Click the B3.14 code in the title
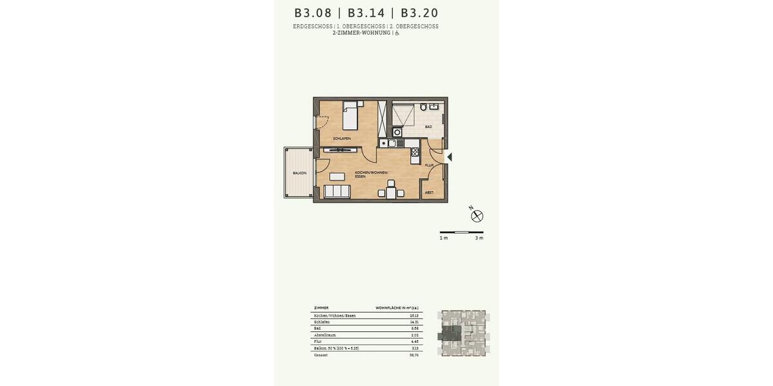pyautogui.click(x=366, y=13)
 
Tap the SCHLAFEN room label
pyautogui.click(x=341, y=138)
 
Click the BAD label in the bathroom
pyautogui.click(x=428, y=127)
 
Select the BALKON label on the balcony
pyautogui.click(x=300, y=173)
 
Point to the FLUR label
pyautogui.click(x=429, y=165)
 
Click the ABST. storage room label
pyautogui.click(x=429, y=192)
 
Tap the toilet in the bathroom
pyautogui.click(x=423, y=107)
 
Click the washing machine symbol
pyautogui.click(x=397, y=132)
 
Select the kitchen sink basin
pyautogui.click(x=392, y=143)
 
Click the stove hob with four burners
pyautogui.click(x=415, y=152)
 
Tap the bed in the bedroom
pyautogui.click(x=350, y=116)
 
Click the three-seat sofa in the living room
pyautogui.click(x=337, y=191)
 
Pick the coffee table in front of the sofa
pyautogui.click(x=337, y=176)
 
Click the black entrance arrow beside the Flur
pyautogui.click(x=450, y=157)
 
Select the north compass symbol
pyautogui.click(x=477, y=216)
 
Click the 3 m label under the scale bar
pyautogui.click(x=479, y=238)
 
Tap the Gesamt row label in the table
pyautogui.click(x=321, y=355)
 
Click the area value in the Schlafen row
pyautogui.click(x=414, y=322)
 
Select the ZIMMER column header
pyautogui.click(x=321, y=308)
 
